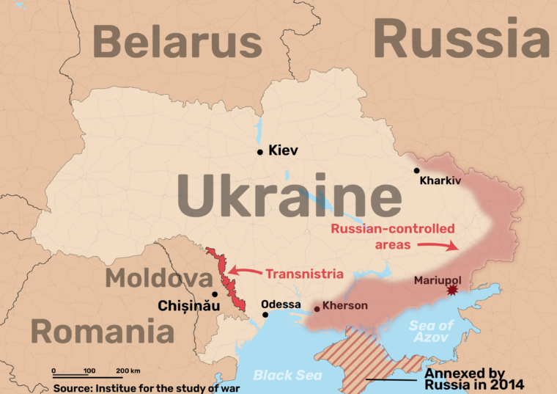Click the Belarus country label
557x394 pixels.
click(178, 42)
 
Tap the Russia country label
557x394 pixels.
click(462, 37)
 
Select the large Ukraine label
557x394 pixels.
click(289, 197)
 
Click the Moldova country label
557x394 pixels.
click(158, 278)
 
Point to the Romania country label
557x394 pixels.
click(102, 331)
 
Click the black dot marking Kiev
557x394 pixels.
click(259, 152)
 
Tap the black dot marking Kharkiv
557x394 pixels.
click(417, 170)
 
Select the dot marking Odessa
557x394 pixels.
click(265, 315)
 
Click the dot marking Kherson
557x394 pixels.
click(317, 309)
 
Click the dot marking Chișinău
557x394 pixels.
click(214, 294)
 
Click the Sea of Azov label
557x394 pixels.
click(432, 331)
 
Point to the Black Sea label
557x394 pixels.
click(278, 375)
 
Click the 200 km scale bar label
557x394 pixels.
click(128, 371)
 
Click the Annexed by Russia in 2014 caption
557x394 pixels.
click(474, 379)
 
